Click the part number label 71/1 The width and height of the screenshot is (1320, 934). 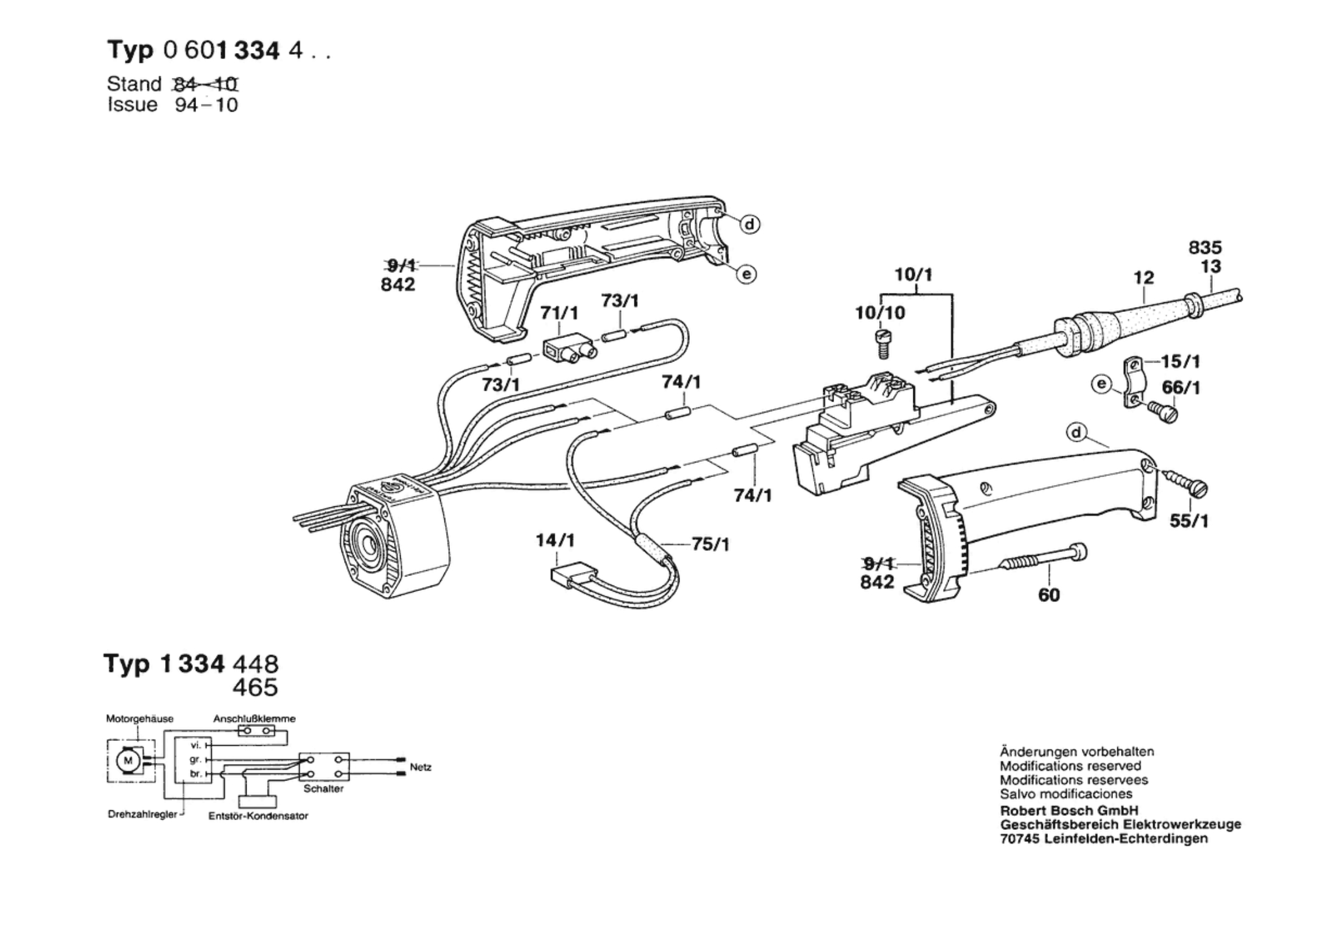click(x=560, y=313)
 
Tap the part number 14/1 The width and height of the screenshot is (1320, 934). click(x=555, y=540)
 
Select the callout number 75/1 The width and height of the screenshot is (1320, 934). click(x=711, y=544)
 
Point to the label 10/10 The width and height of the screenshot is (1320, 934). click(x=880, y=313)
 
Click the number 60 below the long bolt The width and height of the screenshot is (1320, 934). click(x=1048, y=595)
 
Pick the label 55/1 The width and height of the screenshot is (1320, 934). click(x=1189, y=522)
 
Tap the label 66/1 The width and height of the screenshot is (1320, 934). click(x=1181, y=387)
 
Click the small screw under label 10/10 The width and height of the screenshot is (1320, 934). click(x=882, y=344)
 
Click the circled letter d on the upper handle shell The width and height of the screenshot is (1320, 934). click(x=750, y=225)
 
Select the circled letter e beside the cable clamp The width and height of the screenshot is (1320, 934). click(x=1101, y=384)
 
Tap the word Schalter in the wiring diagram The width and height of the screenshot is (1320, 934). click(x=323, y=789)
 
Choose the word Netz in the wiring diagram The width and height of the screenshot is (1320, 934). click(x=421, y=767)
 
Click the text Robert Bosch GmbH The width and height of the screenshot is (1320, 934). click(x=1069, y=811)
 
